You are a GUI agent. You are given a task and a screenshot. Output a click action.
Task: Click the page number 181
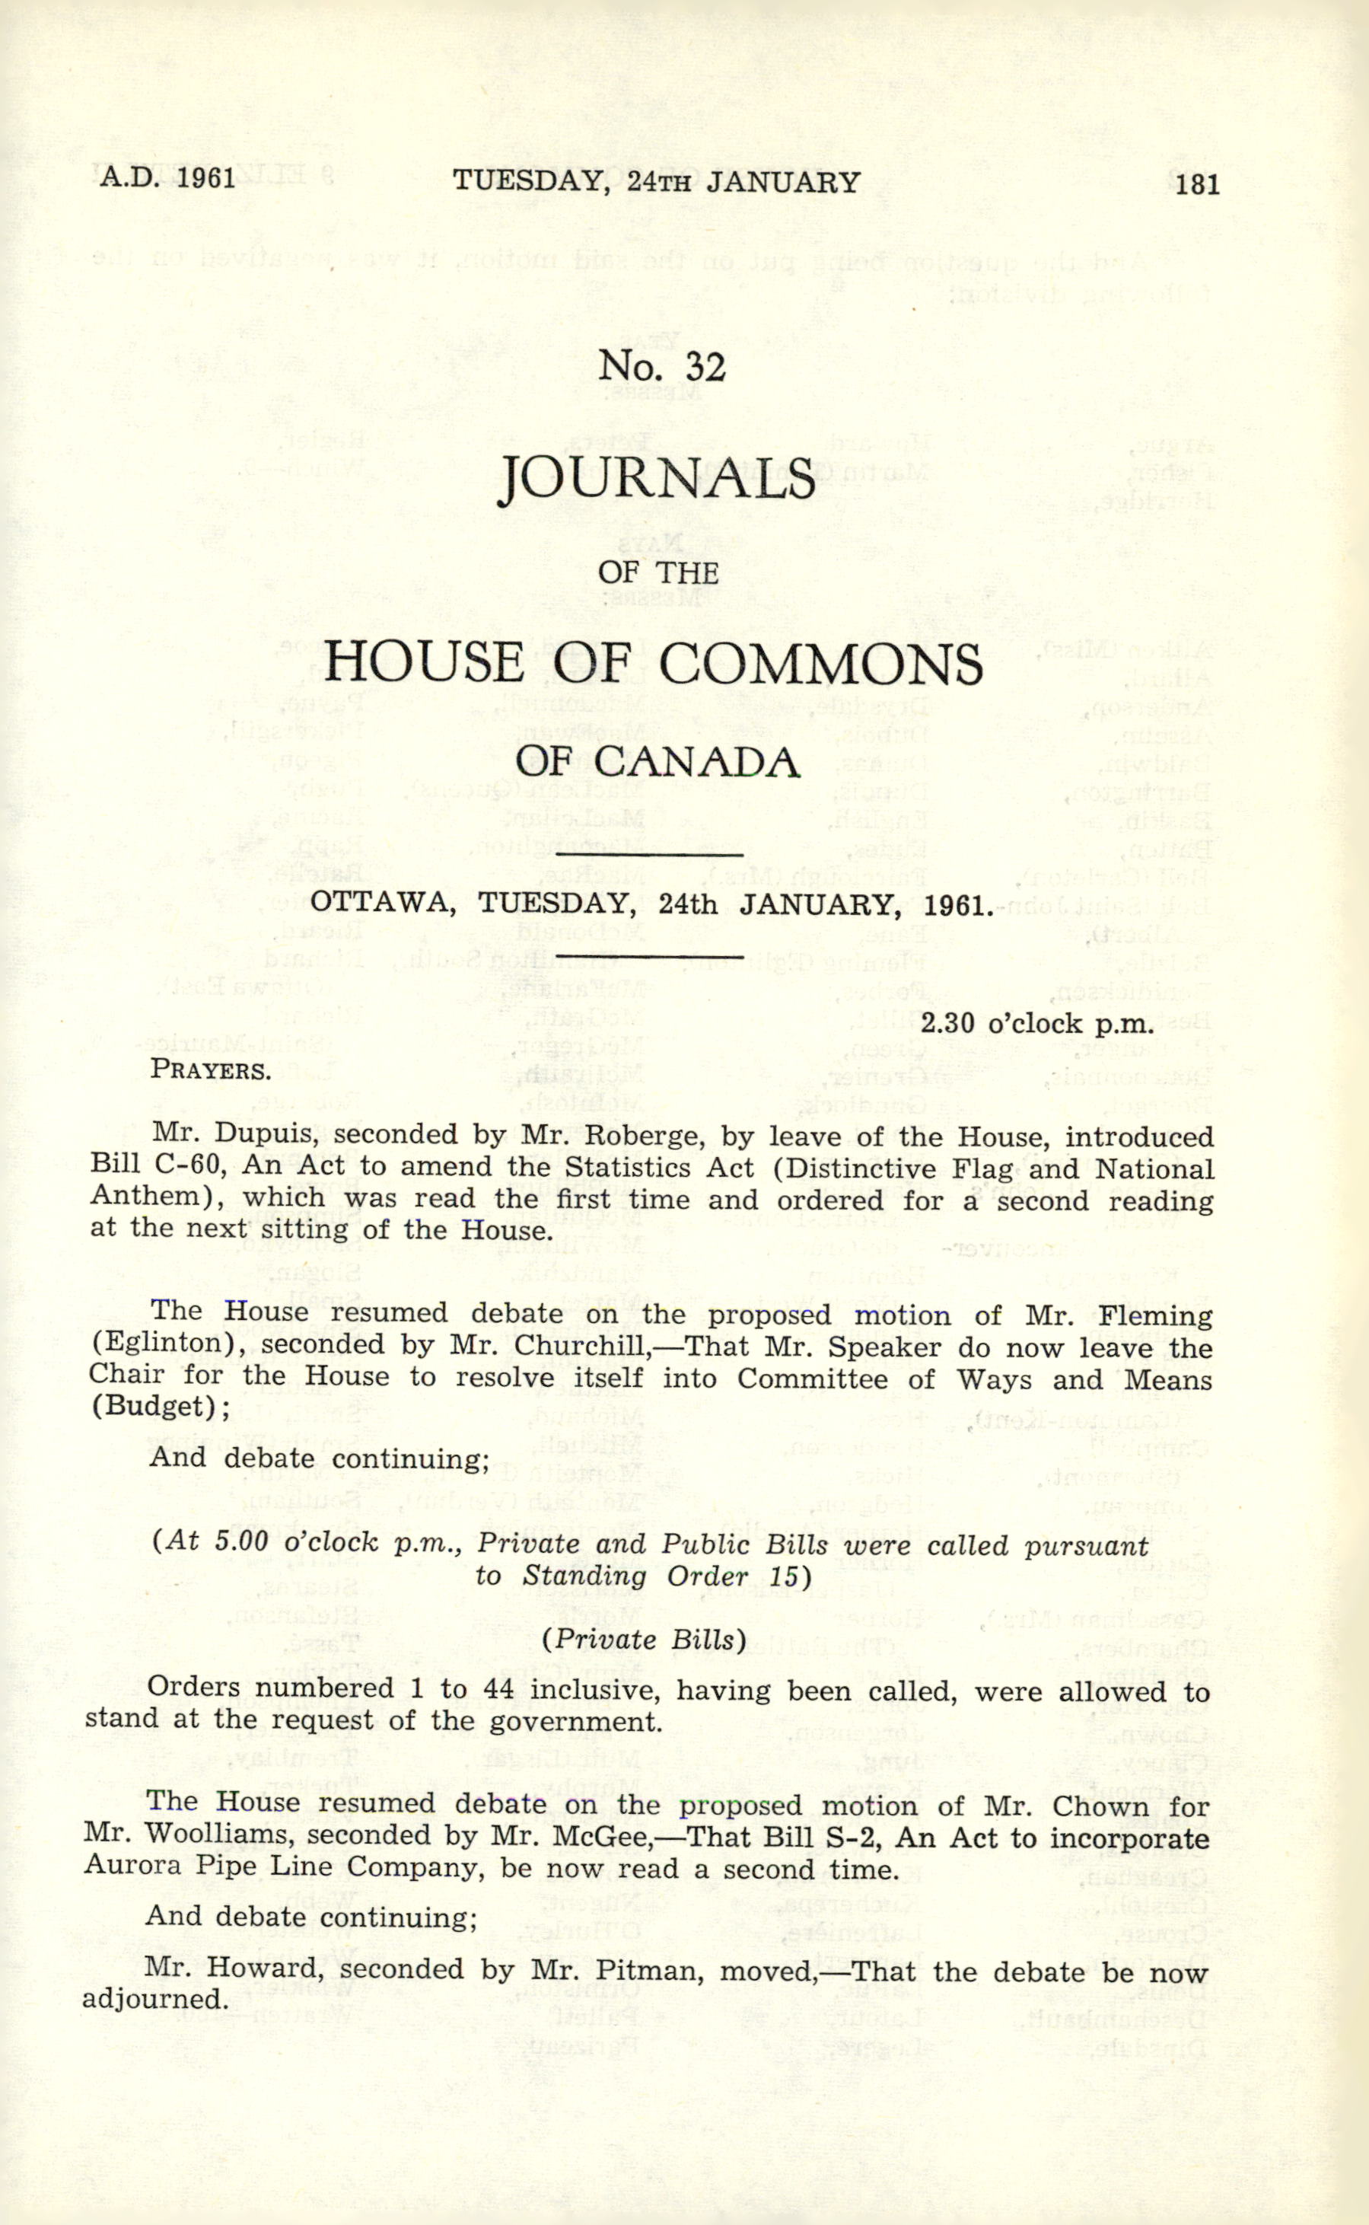coord(1198,185)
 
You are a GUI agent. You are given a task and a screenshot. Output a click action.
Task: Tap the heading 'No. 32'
coord(662,367)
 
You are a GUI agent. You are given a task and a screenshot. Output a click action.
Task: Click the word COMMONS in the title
coord(820,664)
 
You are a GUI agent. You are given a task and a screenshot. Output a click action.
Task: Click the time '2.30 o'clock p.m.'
coord(1036,1025)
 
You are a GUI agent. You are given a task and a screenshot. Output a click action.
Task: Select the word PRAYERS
coord(210,1070)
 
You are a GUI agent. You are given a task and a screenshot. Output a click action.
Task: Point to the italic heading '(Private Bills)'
coord(644,1640)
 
